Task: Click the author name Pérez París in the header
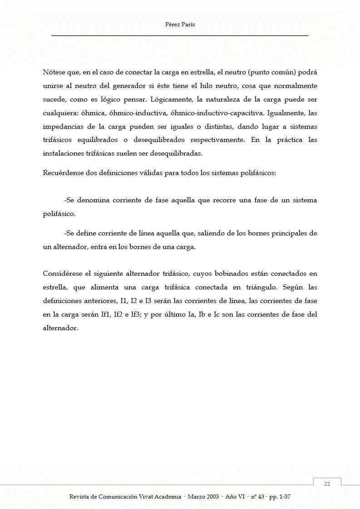(x=180, y=25)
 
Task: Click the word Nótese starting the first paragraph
(x=54, y=72)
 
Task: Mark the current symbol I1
(x=124, y=301)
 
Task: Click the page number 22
(x=327, y=484)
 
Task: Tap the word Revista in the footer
(x=80, y=497)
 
